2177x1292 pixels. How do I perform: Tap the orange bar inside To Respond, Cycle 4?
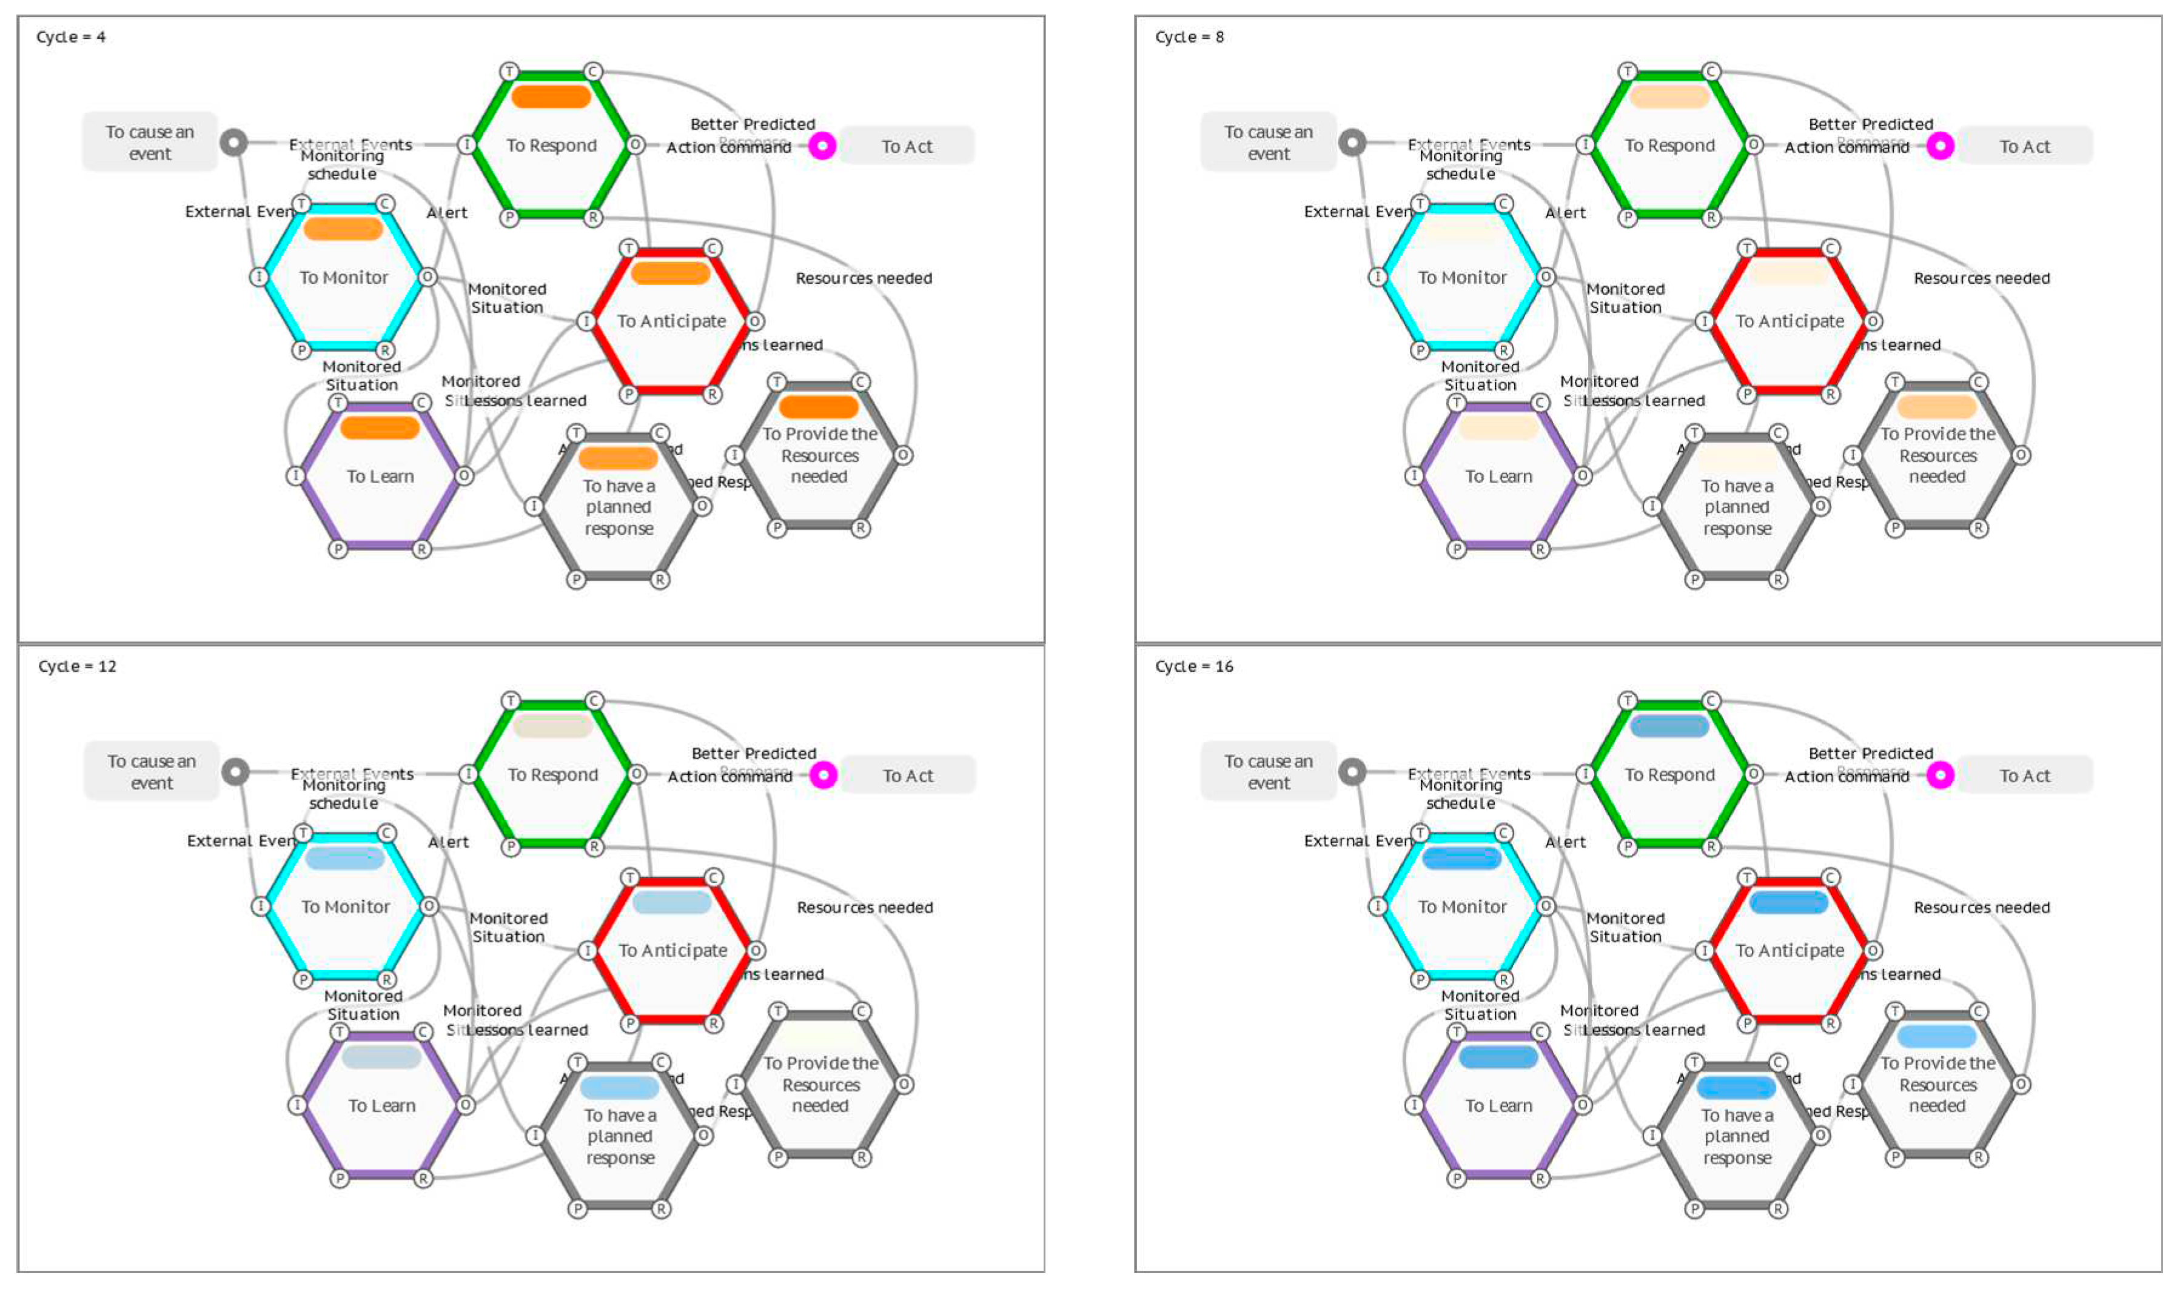tap(551, 96)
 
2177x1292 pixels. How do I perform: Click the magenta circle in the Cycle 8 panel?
tap(1939, 146)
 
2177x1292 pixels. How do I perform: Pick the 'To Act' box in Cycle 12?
tap(907, 775)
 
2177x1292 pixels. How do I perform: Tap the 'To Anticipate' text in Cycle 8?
tap(1790, 321)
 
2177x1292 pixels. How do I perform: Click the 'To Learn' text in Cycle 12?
tap(381, 1106)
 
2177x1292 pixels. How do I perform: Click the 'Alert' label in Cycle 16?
tap(1565, 842)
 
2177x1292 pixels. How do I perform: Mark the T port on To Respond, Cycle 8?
tap(1628, 72)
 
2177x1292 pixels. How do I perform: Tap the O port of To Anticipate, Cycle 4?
tap(755, 321)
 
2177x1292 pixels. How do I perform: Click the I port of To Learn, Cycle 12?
tap(297, 1105)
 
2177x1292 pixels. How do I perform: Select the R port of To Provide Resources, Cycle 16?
tap(1979, 1157)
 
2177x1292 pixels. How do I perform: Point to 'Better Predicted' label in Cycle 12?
tap(753, 753)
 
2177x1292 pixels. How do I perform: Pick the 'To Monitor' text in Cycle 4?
tap(344, 278)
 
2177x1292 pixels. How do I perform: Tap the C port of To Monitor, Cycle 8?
tap(1503, 204)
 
